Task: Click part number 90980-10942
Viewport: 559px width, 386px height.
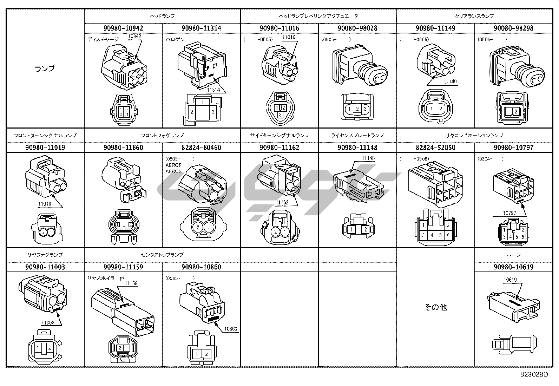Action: click(x=123, y=28)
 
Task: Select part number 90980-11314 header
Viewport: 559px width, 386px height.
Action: click(x=201, y=28)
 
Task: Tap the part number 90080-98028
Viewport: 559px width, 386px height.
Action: click(x=357, y=28)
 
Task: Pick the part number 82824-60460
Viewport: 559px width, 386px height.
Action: click(x=201, y=148)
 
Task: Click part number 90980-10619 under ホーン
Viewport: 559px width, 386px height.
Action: click(x=513, y=267)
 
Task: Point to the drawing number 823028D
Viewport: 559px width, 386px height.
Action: click(x=534, y=374)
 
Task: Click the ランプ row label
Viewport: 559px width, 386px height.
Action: click(x=45, y=68)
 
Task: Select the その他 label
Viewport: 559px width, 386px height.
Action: click(x=435, y=307)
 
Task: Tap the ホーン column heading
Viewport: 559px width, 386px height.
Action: click(x=513, y=255)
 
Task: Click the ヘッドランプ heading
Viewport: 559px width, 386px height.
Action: click(x=162, y=16)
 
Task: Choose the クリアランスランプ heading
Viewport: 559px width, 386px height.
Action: click(x=474, y=16)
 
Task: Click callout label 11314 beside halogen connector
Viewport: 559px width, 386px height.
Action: click(x=213, y=90)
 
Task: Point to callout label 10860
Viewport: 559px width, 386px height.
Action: click(x=231, y=329)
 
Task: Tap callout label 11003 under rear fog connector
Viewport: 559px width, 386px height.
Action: click(x=48, y=322)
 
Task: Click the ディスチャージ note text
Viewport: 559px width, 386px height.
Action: click(x=103, y=39)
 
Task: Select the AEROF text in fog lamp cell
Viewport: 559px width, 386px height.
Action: click(x=173, y=165)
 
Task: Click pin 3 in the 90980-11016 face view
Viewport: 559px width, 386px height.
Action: click(x=279, y=115)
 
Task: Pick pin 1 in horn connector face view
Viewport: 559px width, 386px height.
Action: click(x=522, y=342)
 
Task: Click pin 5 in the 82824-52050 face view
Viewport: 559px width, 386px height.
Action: click(x=440, y=235)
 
